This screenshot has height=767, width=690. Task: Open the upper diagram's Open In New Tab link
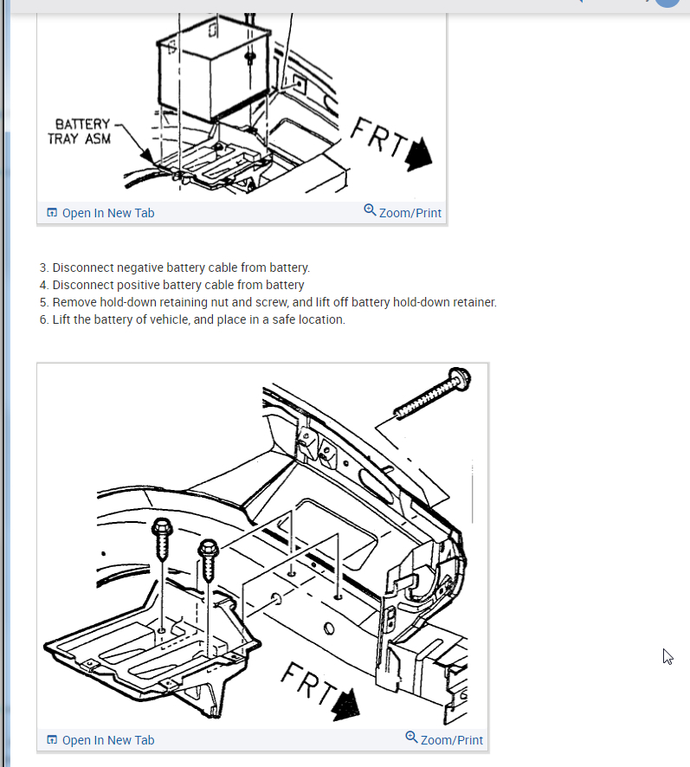click(107, 213)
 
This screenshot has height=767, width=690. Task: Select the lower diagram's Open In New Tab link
click(107, 740)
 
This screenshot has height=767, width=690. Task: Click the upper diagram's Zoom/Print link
click(409, 213)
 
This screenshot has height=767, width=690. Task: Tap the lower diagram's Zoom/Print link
click(451, 740)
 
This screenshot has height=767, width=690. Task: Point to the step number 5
click(43, 302)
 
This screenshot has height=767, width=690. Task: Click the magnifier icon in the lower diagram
click(411, 738)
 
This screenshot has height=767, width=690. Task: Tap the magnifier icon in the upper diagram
click(370, 210)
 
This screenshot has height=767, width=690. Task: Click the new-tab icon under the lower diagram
click(52, 740)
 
